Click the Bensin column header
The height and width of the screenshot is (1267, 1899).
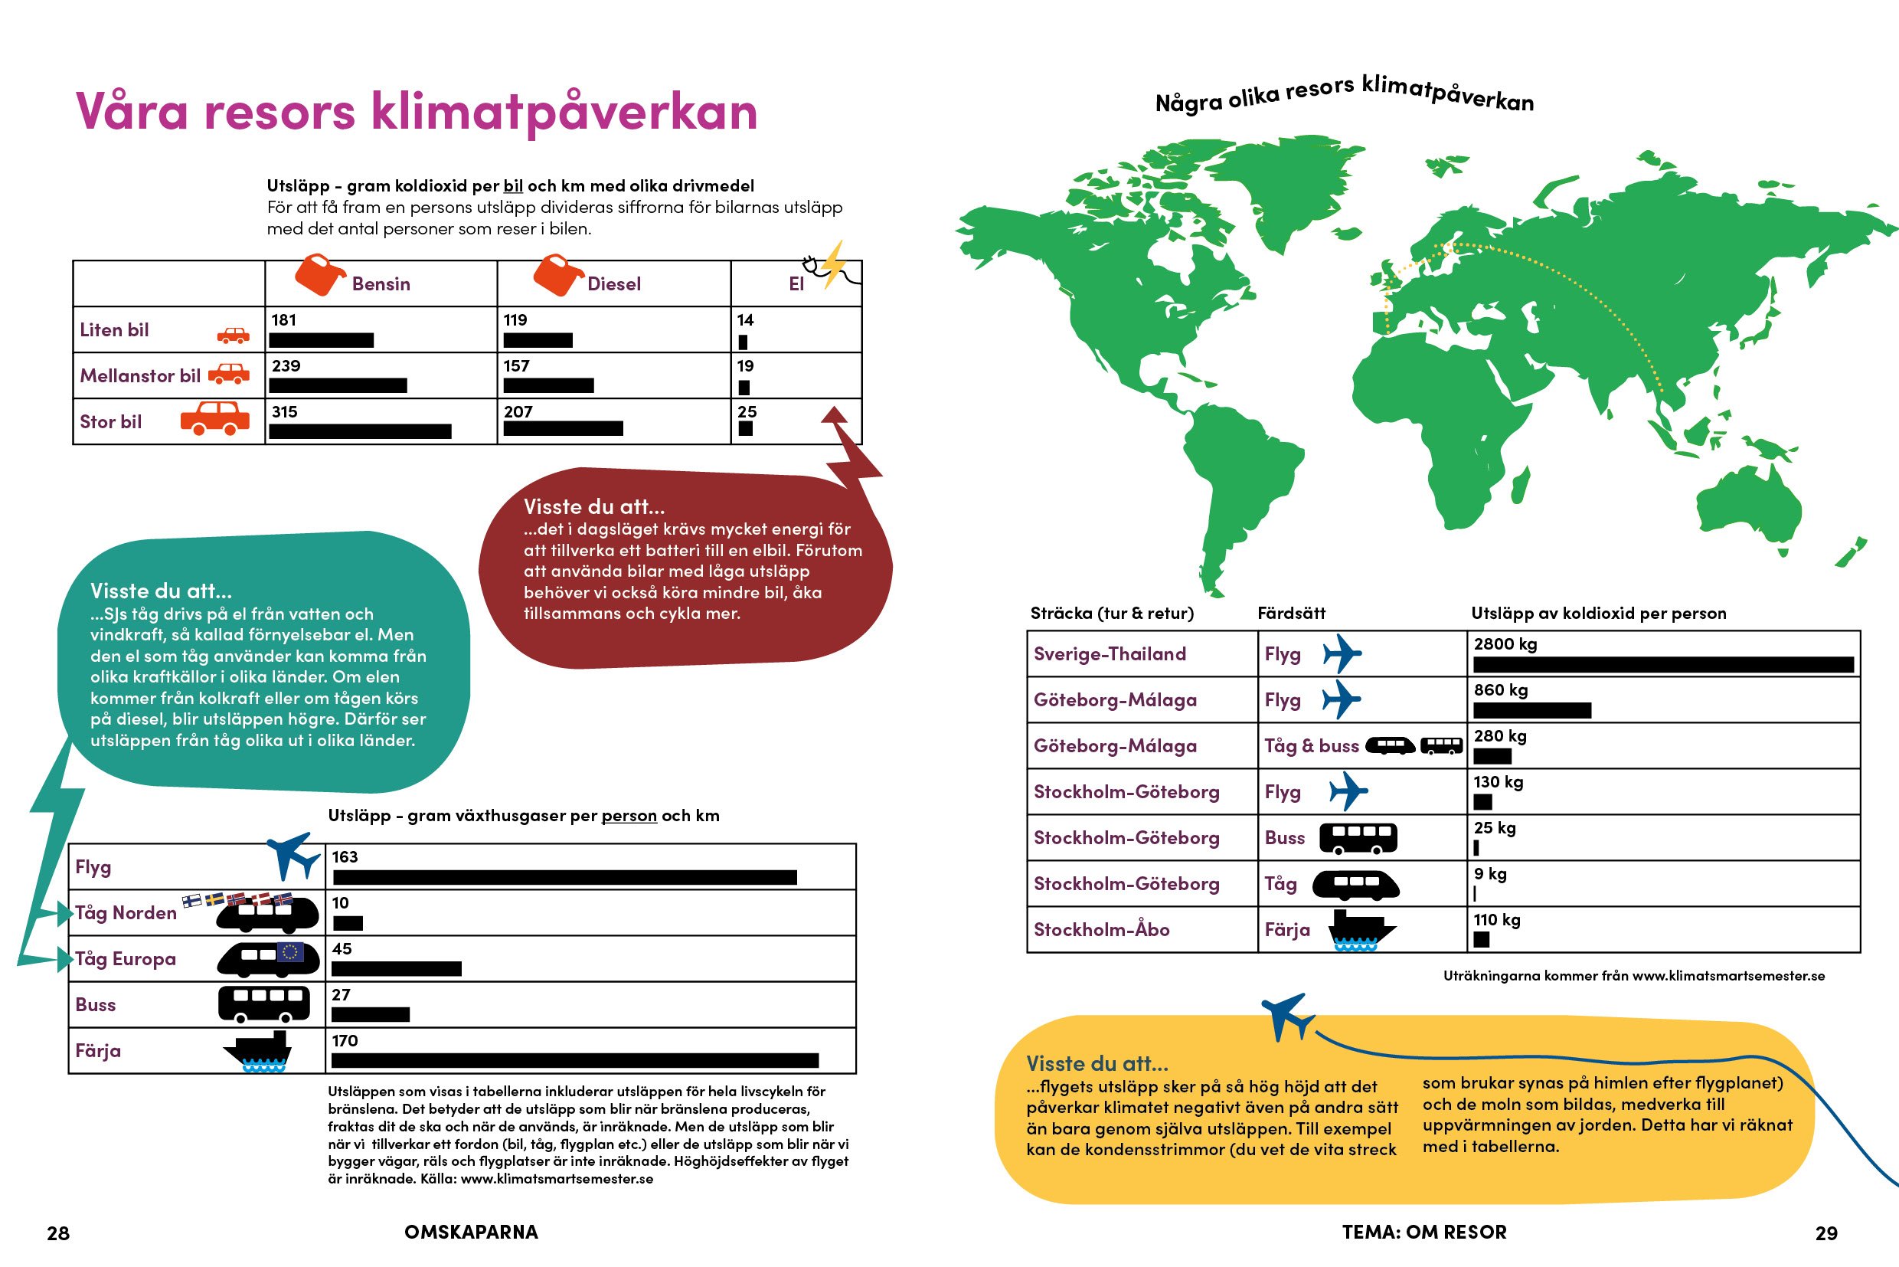[x=381, y=283]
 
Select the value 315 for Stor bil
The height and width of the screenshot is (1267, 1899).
[x=284, y=412]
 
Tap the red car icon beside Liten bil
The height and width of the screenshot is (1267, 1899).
[x=234, y=336]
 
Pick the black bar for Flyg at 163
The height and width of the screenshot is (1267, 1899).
[x=564, y=878]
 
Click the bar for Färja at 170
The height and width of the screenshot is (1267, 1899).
[x=575, y=1061]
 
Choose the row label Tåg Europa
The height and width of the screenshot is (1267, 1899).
[x=126, y=959]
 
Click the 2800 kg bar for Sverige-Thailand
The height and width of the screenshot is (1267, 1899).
[x=1662, y=665]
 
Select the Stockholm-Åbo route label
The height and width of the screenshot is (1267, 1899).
[x=1101, y=930]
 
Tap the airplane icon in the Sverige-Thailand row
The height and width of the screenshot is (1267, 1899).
[x=1341, y=653]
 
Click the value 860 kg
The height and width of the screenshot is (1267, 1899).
[x=1500, y=690]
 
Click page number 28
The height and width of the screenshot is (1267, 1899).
[x=58, y=1233]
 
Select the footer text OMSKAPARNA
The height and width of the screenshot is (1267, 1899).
[x=471, y=1233]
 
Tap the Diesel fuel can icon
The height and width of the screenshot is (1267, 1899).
[x=557, y=275]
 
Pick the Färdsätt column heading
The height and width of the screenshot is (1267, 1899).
[x=1291, y=614]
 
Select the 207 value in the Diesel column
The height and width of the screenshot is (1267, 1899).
[x=518, y=412]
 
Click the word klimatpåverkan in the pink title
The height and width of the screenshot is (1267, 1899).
[x=564, y=112]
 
